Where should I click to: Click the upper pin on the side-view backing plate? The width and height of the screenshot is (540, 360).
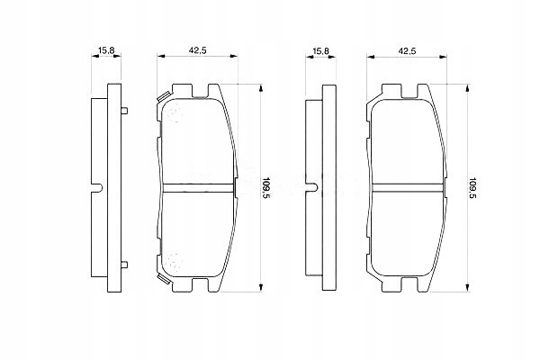tap(125, 111)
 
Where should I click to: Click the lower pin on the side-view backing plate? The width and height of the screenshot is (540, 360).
tap(125, 265)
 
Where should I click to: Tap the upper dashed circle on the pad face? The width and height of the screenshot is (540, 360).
tap(174, 112)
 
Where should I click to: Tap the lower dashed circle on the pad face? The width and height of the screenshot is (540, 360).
tap(174, 263)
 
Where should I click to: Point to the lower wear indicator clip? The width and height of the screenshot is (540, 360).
tap(163, 278)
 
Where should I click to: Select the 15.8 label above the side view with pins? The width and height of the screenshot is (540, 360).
tap(106, 50)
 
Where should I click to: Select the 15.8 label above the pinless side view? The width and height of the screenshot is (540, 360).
tap(321, 50)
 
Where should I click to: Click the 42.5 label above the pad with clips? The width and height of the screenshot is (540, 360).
tap(197, 50)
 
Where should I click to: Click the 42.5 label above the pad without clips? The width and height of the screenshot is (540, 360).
tap(408, 50)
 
